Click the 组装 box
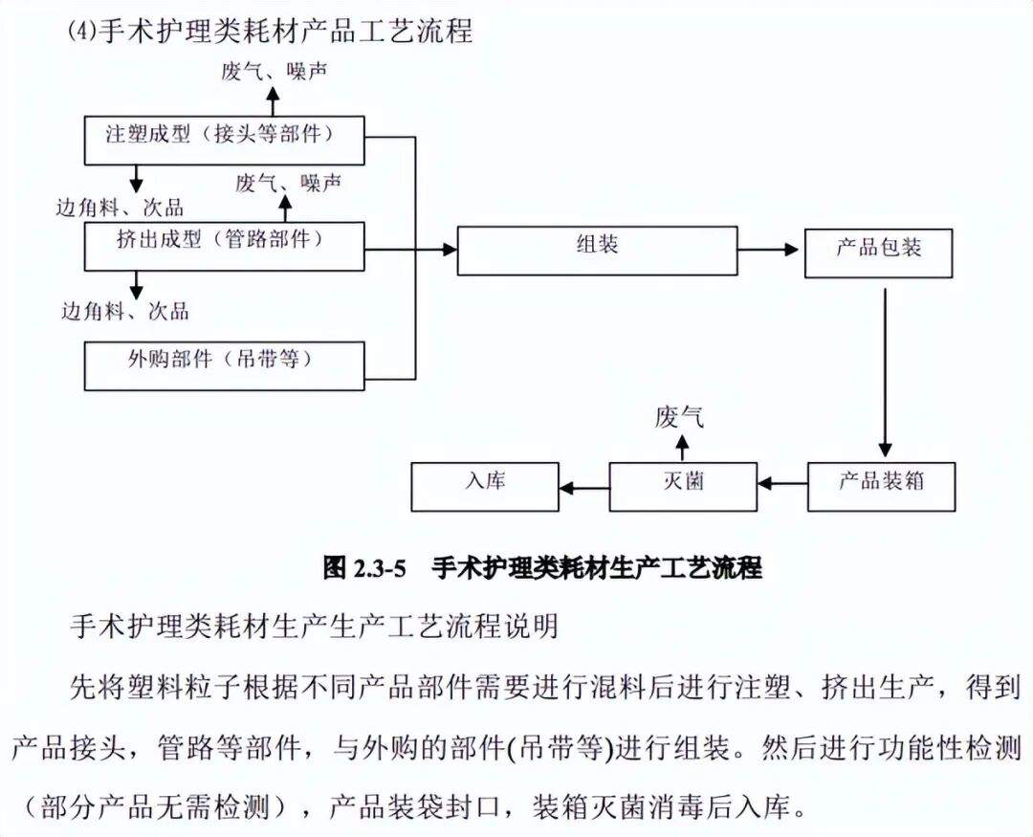point(597,250)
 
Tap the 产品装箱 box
point(881,486)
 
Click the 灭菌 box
point(683,486)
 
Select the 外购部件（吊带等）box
point(225,365)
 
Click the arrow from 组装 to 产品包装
point(769,250)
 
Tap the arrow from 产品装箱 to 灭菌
point(781,486)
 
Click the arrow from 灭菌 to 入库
point(583,487)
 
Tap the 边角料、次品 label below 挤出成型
point(125,311)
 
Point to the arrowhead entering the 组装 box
point(450,250)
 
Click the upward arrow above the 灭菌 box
point(681,445)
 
